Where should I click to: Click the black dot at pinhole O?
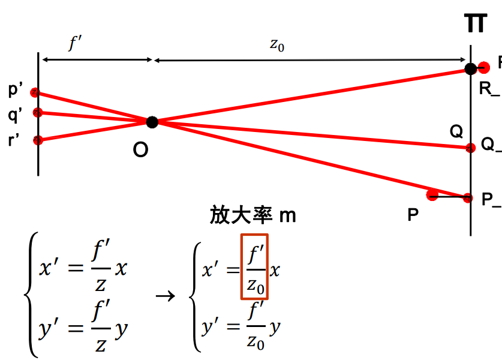click(x=152, y=122)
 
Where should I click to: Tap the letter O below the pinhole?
click(x=140, y=151)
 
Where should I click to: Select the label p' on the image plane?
click(x=16, y=90)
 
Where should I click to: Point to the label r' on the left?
click(x=14, y=141)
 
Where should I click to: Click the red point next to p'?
click(x=36, y=92)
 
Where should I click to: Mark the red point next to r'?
click(x=38, y=140)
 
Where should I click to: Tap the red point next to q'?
click(x=37, y=112)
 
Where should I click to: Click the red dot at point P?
click(x=431, y=194)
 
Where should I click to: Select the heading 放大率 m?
click(x=252, y=215)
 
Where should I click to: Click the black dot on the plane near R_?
click(x=471, y=69)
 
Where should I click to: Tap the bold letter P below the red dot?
click(x=413, y=215)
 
